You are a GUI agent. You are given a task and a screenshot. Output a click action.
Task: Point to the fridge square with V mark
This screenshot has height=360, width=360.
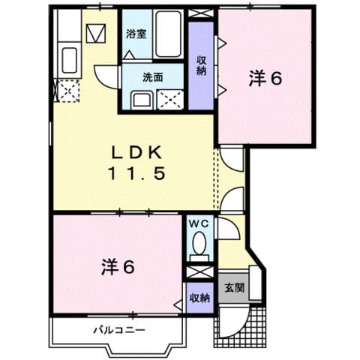(95, 34)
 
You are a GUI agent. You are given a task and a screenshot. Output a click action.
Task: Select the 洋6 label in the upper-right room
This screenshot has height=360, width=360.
(266, 78)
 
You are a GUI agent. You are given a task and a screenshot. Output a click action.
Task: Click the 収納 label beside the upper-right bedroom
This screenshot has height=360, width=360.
(201, 65)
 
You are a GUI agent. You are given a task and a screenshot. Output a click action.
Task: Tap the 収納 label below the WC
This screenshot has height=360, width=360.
(199, 298)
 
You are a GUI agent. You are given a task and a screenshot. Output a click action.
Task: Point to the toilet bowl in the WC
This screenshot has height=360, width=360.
(199, 244)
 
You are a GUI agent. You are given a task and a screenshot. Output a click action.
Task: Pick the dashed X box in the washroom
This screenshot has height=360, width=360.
(170, 99)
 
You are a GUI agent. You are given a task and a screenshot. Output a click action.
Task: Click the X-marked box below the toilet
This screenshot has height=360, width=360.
(199, 268)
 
